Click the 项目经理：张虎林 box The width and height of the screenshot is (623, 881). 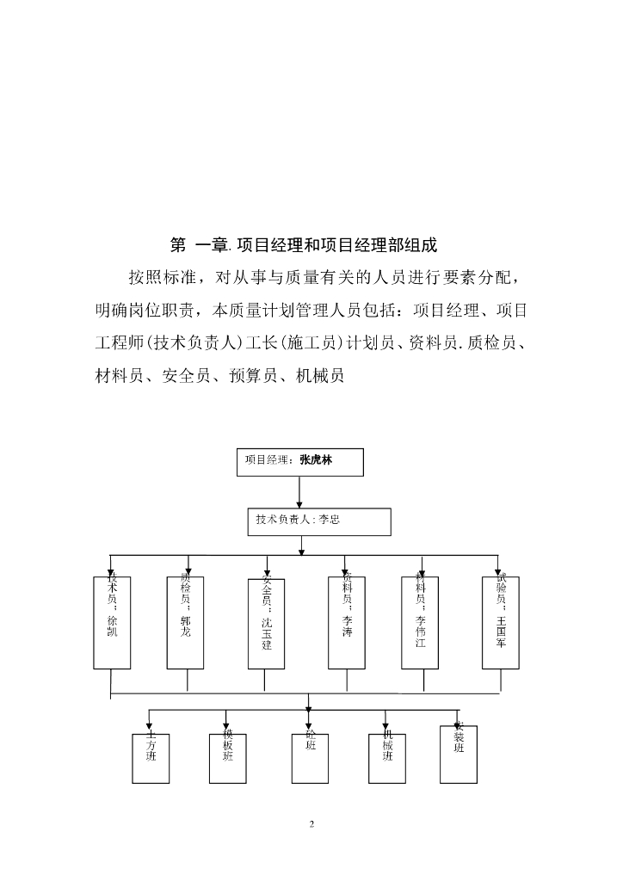(x=299, y=461)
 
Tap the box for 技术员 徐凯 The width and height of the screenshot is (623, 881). (x=112, y=622)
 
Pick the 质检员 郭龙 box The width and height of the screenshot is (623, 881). (x=186, y=622)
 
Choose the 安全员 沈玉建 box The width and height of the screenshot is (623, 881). (x=266, y=622)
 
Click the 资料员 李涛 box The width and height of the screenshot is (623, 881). (x=346, y=622)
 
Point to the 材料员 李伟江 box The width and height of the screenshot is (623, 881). (x=420, y=622)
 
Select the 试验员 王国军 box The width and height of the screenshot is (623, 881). (x=501, y=622)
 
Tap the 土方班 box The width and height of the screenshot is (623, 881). (x=151, y=758)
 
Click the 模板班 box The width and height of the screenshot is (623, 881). (x=227, y=758)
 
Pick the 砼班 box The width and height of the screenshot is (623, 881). (x=310, y=758)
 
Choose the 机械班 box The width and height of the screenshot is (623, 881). (x=387, y=758)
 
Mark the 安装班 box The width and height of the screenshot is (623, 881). (x=459, y=754)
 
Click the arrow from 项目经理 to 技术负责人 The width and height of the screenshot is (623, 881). (x=299, y=491)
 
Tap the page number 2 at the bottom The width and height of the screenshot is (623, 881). (x=311, y=824)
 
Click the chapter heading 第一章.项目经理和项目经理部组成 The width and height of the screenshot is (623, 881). (x=304, y=245)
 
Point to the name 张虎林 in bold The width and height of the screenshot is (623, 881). (x=316, y=460)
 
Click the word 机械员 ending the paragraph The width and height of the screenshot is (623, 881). (x=319, y=375)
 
